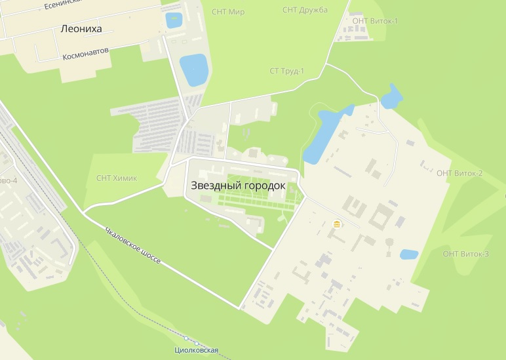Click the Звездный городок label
click(x=238, y=186)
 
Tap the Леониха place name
click(x=82, y=29)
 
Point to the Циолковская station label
click(x=196, y=351)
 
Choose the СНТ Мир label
click(x=228, y=12)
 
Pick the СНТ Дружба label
click(x=305, y=10)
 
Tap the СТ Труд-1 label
click(x=287, y=71)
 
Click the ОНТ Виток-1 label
click(x=375, y=21)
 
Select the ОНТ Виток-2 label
click(x=459, y=173)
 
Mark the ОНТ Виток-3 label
click(x=465, y=254)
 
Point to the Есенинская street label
click(x=62, y=4)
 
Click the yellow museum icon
click(x=337, y=224)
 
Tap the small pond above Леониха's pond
click(x=174, y=20)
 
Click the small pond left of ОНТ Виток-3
click(x=409, y=254)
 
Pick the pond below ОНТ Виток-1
click(x=391, y=97)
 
